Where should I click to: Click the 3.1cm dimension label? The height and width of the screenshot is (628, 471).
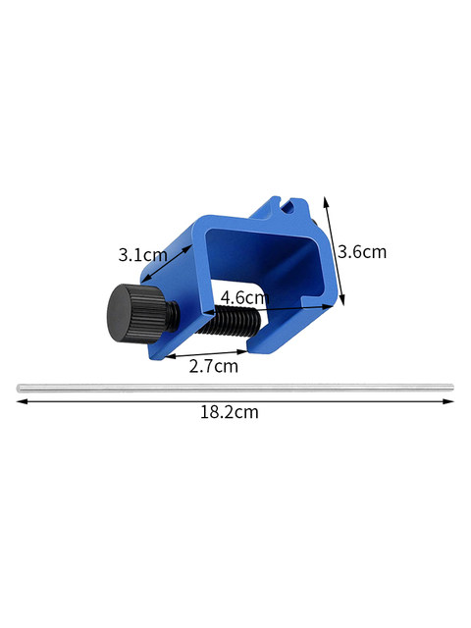click(x=142, y=255)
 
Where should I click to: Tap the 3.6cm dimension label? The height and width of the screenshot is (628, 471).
click(x=362, y=252)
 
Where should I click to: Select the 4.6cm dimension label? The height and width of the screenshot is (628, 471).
click(x=244, y=297)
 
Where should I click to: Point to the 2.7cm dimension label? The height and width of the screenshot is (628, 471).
click(x=214, y=366)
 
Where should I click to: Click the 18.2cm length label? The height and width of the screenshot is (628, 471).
click(x=229, y=412)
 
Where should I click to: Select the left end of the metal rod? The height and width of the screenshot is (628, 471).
click(x=18, y=388)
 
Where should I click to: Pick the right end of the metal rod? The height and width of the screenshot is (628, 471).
click(x=451, y=387)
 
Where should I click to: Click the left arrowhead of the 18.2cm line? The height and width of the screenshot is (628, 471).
click(x=21, y=401)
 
